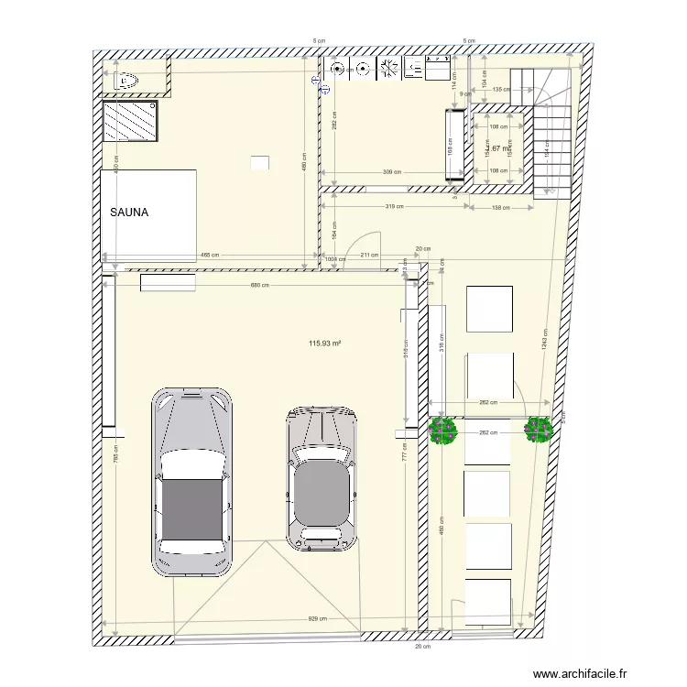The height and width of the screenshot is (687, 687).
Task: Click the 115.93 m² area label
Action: coord(325,343)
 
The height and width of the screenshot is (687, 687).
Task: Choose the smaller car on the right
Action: coord(321,479)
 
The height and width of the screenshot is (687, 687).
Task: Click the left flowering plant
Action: coord(443,430)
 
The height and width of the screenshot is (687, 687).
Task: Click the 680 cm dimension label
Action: coord(260,286)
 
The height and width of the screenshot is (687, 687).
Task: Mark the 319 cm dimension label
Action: coord(395,207)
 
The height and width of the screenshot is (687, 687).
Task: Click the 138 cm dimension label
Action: coord(501,208)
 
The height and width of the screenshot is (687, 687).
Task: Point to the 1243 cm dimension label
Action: coord(544,339)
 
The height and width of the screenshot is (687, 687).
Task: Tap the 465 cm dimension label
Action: coord(210,256)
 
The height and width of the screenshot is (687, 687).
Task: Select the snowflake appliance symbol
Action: coord(388,67)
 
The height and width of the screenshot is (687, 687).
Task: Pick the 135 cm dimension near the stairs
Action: coord(501,90)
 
